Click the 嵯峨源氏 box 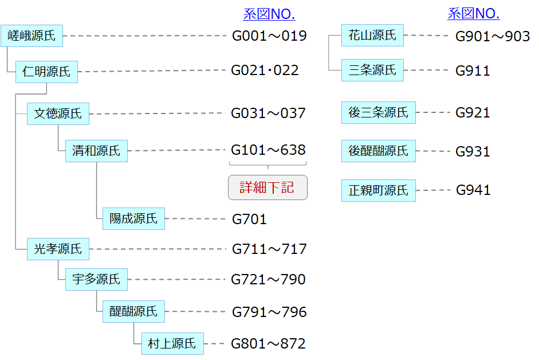click(x=32, y=36)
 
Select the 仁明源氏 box click(x=46, y=72)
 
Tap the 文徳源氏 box click(x=58, y=114)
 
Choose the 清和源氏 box click(x=96, y=151)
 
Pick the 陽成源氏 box click(x=133, y=218)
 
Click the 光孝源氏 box click(x=58, y=249)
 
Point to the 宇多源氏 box click(x=96, y=279)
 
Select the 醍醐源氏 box click(x=133, y=311)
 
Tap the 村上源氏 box click(x=172, y=343)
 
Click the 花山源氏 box click(x=372, y=36)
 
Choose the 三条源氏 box click(x=372, y=71)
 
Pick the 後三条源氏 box click(x=378, y=112)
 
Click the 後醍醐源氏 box click(x=378, y=151)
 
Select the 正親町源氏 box click(x=378, y=190)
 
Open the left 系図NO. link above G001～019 click(x=269, y=14)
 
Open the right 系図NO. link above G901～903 click(x=473, y=14)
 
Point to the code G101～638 click(x=268, y=150)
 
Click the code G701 click(x=249, y=219)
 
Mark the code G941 click(x=473, y=190)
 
